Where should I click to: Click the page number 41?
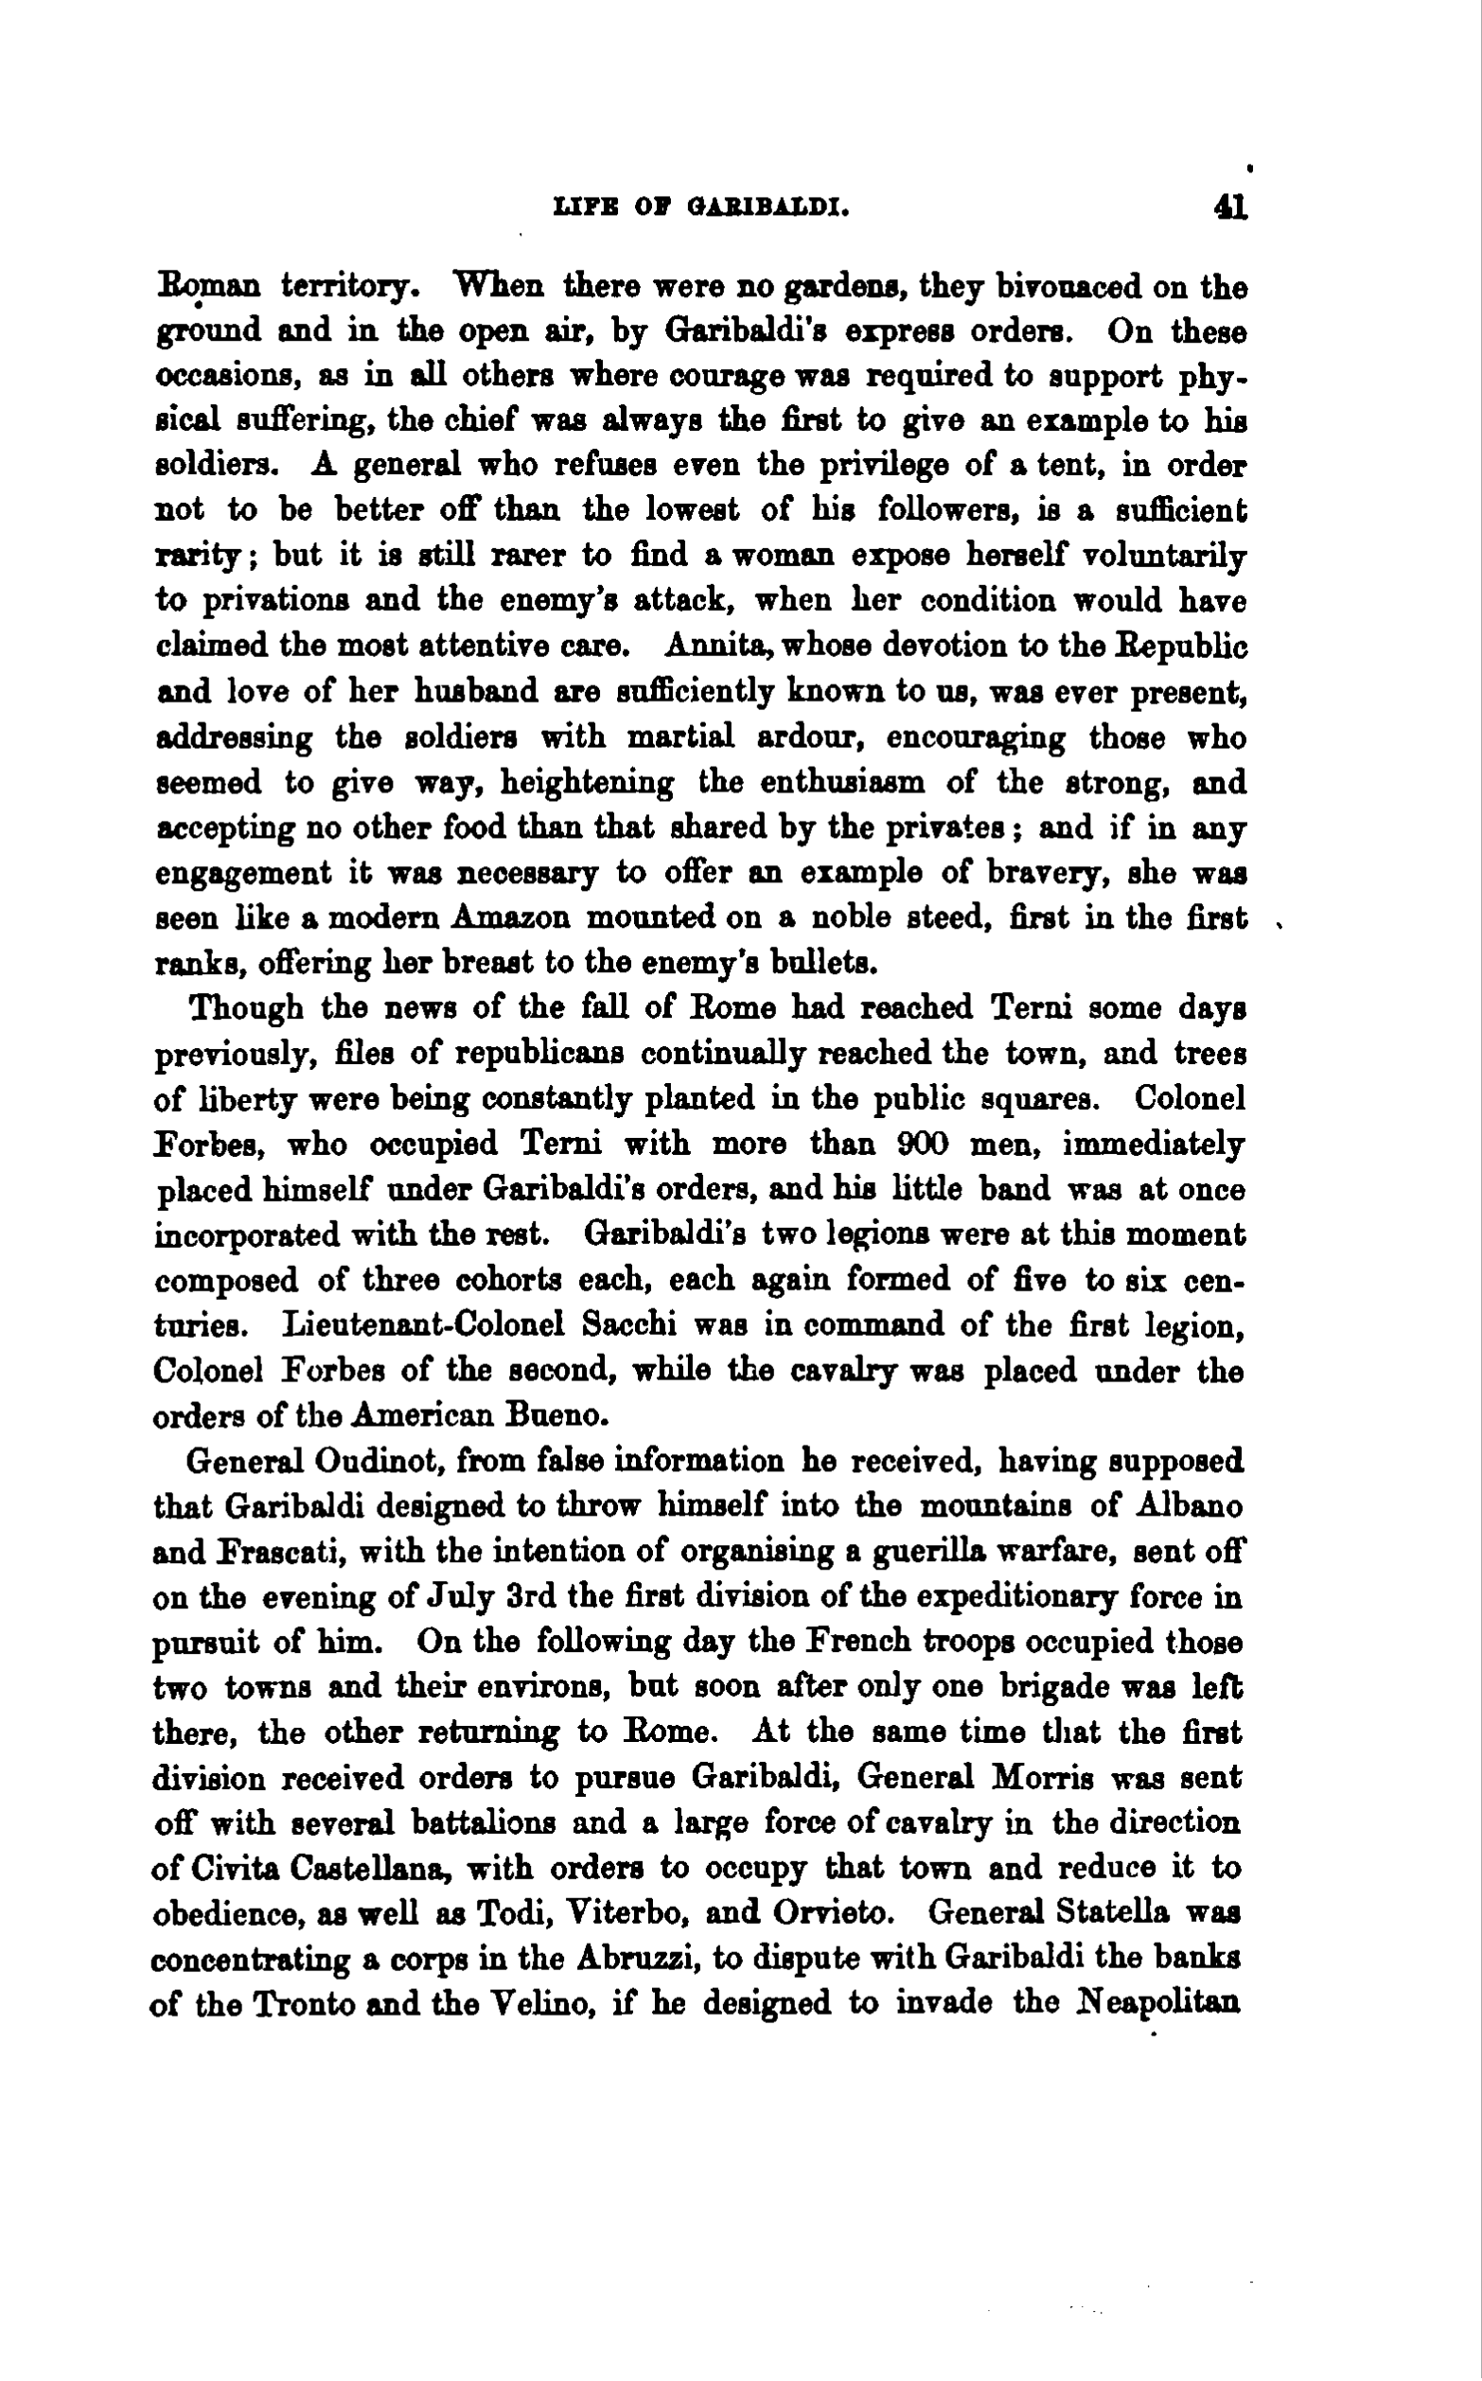tap(1229, 208)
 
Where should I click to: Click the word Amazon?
tap(513, 917)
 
